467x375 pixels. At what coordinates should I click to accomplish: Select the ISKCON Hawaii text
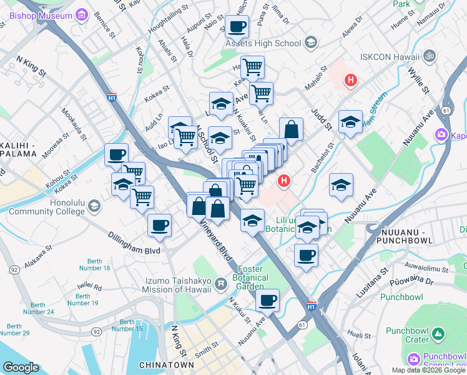[x=388, y=57]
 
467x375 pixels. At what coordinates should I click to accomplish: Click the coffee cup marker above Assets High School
[x=237, y=27]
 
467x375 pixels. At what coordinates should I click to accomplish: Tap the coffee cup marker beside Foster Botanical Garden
[x=267, y=300]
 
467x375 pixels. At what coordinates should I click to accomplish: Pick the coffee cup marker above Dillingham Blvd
[x=159, y=225]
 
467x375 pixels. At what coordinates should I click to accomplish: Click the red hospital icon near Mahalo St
[x=351, y=80]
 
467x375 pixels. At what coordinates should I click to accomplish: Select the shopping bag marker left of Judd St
[x=291, y=129]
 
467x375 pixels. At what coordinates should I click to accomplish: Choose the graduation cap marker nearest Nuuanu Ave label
[x=341, y=185]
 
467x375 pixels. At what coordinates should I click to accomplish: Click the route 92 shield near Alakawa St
[x=13, y=271]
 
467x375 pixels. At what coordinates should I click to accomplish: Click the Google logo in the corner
[x=21, y=367]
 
